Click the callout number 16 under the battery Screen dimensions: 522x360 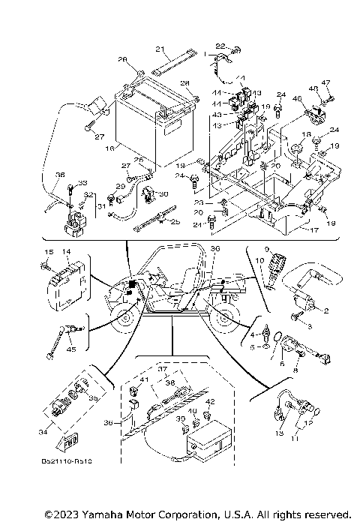pyautogui.click(x=110, y=149)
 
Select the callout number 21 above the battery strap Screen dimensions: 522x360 pyautogui.click(x=159, y=49)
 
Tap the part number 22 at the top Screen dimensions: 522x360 pyautogui.click(x=220, y=46)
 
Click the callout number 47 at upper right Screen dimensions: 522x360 pyautogui.click(x=326, y=82)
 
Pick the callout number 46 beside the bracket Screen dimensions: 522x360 pyautogui.click(x=296, y=98)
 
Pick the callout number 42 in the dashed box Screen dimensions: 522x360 pyautogui.click(x=210, y=403)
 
